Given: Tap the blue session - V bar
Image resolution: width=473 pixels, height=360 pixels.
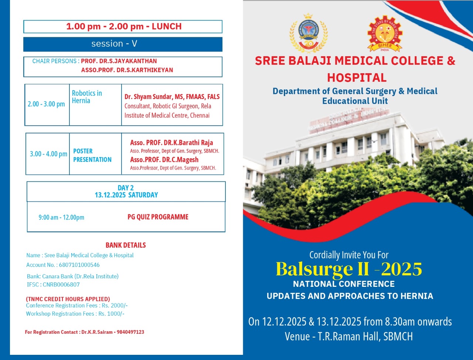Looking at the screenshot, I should click(123, 44).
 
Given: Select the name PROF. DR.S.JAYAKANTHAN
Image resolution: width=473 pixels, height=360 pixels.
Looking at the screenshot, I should click(119, 61).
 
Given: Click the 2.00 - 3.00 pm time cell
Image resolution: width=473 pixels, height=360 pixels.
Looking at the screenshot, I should click(46, 104).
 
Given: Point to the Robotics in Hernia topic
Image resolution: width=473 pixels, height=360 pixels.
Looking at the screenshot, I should click(87, 97).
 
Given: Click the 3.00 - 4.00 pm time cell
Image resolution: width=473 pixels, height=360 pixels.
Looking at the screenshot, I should click(48, 154).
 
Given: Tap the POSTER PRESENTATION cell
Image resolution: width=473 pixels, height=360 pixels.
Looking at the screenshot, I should click(92, 155).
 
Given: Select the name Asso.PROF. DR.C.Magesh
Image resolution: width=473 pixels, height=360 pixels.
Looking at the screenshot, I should click(164, 160).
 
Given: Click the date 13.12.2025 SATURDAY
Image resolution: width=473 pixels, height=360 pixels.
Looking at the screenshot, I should click(126, 195).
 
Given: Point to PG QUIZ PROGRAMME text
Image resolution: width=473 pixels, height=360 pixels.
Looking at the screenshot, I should click(158, 217).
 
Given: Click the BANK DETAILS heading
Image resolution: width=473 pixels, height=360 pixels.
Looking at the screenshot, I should click(126, 245).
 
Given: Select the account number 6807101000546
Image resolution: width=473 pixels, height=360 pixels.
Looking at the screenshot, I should click(79, 265).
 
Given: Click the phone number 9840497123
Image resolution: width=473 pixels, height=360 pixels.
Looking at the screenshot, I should click(130, 332).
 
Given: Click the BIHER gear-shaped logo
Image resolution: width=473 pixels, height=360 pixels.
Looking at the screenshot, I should click(384, 34).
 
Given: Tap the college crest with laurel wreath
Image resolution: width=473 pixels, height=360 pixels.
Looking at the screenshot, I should click(308, 34).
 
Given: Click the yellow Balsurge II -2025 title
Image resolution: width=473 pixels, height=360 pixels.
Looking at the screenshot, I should click(348, 269).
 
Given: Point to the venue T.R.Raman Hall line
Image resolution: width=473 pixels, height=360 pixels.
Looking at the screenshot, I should click(348, 336).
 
